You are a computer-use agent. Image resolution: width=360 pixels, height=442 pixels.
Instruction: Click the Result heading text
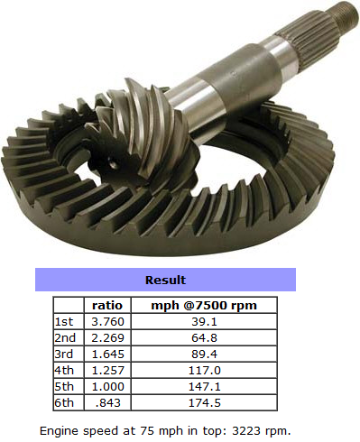point(165,280)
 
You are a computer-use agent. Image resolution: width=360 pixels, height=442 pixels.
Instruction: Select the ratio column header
point(107,306)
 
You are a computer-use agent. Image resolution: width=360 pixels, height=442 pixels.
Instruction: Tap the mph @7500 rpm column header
point(204,306)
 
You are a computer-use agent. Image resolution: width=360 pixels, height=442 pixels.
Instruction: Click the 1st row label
point(64,322)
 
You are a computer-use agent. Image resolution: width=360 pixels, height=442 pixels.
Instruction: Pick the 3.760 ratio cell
point(107,322)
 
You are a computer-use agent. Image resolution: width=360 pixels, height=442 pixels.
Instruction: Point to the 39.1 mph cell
point(204,322)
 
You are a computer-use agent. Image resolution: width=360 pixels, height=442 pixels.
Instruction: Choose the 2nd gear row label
point(65,338)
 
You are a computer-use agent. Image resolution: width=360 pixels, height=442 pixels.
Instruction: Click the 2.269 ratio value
point(107,338)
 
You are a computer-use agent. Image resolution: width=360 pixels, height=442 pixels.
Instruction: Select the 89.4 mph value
point(204,355)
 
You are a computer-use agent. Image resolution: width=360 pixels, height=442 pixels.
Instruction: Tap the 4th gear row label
point(64,371)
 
